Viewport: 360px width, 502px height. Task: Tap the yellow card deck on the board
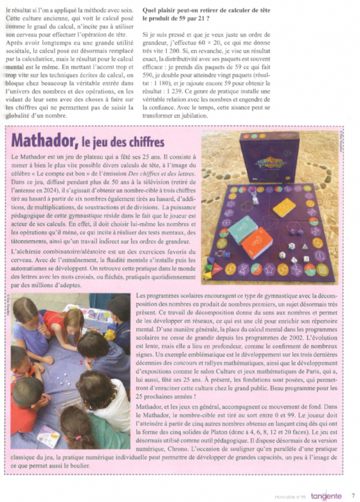[x=284, y=207]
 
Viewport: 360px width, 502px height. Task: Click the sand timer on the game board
[x=255, y=197]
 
